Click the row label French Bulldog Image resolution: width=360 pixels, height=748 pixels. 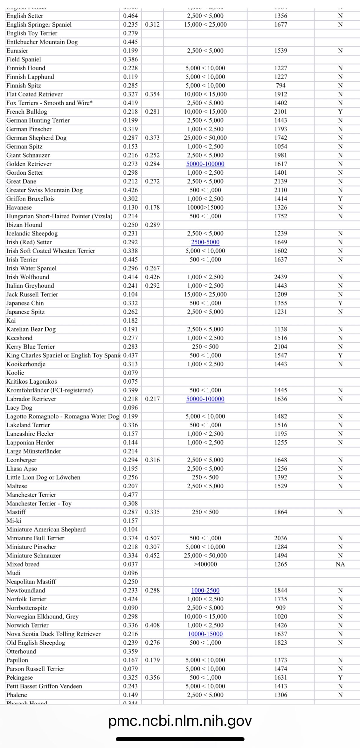tap(27, 112)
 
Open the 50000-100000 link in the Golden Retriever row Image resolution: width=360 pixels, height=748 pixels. tap(205, 164)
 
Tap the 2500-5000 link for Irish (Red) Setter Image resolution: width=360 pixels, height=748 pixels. tap(205, 242)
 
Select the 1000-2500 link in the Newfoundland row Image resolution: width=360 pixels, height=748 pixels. tap(205, 591)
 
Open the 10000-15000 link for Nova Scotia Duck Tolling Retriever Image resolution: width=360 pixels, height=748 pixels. tap(205, 634)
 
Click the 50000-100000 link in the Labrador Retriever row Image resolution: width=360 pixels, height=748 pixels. tap(205, 399)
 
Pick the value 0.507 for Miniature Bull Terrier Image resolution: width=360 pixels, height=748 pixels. tap(152, 538)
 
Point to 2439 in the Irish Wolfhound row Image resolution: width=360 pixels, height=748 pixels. tap(281, 277)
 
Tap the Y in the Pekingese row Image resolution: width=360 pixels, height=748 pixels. tap(340, 678)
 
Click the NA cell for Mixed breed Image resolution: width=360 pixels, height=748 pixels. tap(340, 565)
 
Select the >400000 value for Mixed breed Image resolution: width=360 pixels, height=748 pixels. tap(205, 565)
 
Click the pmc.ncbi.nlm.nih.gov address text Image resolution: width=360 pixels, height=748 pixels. tap(180, 721)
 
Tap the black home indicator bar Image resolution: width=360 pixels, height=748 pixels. tap(180, 739)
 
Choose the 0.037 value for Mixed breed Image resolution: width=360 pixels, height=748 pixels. tap(130, 565)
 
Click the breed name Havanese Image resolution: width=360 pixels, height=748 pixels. tap(19, 208)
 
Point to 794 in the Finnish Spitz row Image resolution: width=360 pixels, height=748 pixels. tap(281, 86)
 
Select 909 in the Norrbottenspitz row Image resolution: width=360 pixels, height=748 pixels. tap(281, 608)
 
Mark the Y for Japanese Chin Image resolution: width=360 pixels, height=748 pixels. tap(340, 303)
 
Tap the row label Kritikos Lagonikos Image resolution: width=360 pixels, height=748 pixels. tap(32, 382)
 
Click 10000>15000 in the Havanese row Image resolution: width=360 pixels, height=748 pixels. tap(205, 208)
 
